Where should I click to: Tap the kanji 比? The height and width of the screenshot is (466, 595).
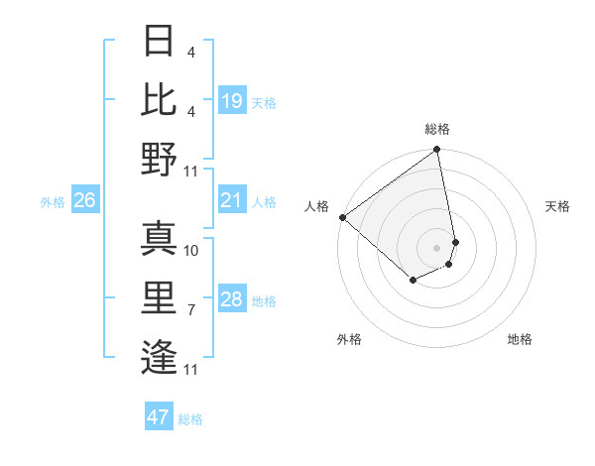[x=159, y=99]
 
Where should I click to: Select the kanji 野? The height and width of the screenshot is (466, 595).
[x=159, y=159]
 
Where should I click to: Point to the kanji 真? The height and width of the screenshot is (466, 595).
[x=159, y=237]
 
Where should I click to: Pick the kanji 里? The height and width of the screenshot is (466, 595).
[x=159, y=296]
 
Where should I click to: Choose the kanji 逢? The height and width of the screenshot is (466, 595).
[x=159, y=356]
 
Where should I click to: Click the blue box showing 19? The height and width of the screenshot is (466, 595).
[x=232, y=101]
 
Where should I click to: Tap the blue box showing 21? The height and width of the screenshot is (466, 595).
[x=232, y=201]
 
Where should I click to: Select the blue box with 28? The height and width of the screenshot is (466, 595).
[x=232, y=300]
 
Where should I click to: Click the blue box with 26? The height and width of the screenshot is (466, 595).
[x=84, y=201]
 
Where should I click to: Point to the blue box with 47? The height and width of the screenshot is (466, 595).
[x=159, y=417]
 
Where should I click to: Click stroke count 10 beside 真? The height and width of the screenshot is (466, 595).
[x=191, y=250]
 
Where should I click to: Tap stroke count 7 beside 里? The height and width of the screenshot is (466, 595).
[x=191, y=310]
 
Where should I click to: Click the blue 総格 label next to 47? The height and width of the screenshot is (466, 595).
[x=190, y=419]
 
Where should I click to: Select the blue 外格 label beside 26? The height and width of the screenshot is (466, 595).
[x=53, y=202]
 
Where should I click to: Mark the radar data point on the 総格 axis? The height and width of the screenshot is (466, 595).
[x=436, y=151]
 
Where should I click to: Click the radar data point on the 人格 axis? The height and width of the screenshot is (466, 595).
[x=342, y=217]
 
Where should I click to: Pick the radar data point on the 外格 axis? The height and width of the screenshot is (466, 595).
[x=413, y=282]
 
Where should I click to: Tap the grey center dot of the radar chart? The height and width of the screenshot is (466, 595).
[x=436, y=247]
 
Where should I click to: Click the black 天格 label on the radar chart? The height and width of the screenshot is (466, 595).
[x=558, y=206]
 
